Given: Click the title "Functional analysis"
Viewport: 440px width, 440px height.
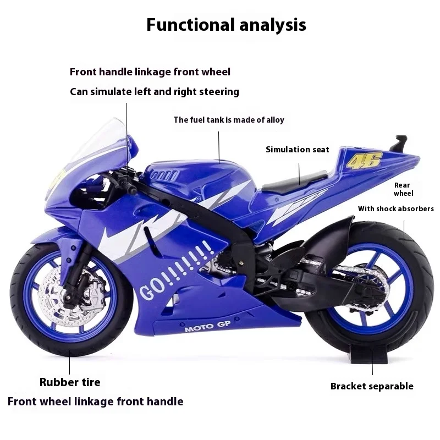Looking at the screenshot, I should pyautogui.click(x=226, y=25).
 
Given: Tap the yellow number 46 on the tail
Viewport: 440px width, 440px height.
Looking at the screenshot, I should pyautogui.click(x=358, y=160).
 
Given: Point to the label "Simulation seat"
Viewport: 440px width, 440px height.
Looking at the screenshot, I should pyautogui.click(x=298, y=150).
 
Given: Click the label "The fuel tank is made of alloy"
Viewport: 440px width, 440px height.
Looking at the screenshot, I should pyautogui.click(x=229, y=120).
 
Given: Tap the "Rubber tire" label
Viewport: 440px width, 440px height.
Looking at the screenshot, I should pyautogui.click(x=70, y=382).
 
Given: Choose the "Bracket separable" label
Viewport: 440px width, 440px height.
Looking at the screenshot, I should pyautogui.click(x=372, y=386).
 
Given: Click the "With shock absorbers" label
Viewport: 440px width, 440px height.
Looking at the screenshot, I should pyautogui.click(x=396, y=209).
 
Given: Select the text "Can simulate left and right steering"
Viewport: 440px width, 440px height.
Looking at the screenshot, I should pyautogui.click(x=155, y=92).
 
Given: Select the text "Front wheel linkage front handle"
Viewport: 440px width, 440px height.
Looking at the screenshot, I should pyautogui.click(x=95, y=402).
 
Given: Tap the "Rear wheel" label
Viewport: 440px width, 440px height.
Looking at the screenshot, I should pyautogui.click(x=404, y=189).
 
